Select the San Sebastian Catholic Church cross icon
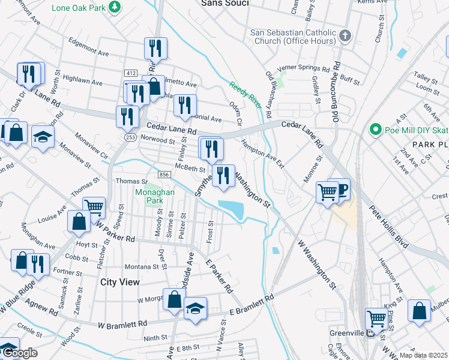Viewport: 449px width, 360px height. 345,36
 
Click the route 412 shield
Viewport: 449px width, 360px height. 131,73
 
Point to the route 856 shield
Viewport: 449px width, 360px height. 163,174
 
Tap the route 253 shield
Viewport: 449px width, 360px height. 130,137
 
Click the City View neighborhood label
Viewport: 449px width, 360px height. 120,282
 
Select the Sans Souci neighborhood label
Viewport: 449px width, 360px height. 224,3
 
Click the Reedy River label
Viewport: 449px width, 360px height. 247,94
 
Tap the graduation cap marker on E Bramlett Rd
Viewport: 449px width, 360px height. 195,308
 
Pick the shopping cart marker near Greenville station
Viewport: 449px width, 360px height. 376,318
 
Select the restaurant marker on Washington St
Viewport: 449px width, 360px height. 223,175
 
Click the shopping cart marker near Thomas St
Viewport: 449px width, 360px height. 94,208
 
